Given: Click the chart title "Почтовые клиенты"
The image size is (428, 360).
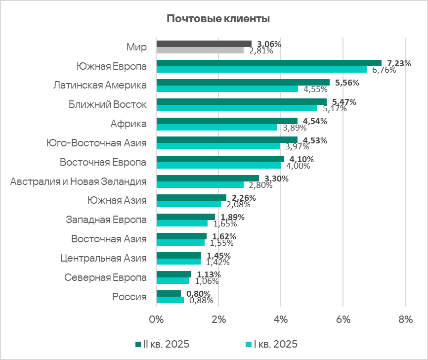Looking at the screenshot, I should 217,19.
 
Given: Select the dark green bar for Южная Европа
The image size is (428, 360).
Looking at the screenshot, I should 269,63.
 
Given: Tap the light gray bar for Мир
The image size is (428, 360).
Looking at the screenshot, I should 200,50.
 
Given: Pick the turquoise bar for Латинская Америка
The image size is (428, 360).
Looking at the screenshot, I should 227,89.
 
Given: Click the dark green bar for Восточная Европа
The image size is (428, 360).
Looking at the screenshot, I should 220,159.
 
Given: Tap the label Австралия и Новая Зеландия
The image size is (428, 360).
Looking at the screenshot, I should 79,181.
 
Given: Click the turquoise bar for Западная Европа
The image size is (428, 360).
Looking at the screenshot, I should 182,223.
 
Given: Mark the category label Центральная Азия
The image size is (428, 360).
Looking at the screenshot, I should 103,258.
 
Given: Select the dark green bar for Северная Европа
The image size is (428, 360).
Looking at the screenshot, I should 173,274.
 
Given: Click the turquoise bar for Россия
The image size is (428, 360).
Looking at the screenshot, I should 170,300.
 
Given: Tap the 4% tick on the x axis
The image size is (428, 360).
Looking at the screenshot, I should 281,320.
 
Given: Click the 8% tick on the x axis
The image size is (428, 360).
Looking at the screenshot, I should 405,320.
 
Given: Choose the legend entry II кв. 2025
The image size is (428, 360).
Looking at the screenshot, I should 162,344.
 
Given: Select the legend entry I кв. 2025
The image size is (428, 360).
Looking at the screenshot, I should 272,344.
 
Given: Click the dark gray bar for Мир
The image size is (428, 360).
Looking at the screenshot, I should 204,44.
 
